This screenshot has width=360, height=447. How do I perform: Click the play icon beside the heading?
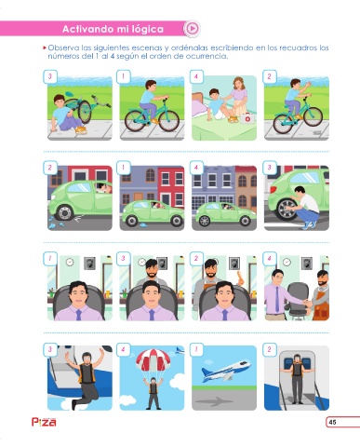tap(192, 29)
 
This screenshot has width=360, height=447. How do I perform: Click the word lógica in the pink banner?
tap(148, 29)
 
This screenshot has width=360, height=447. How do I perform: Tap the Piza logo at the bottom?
tap(44, 422)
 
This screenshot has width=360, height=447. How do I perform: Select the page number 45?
tap(332, 422)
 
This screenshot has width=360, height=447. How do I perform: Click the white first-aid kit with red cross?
tap(247, 118)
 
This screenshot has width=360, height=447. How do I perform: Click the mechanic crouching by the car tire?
tap(305, 206)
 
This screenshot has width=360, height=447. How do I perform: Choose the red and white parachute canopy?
tap(153, 360)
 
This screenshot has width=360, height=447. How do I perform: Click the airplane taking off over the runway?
tap(225, 370)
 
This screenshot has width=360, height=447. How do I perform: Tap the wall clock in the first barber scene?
tap(70, 262)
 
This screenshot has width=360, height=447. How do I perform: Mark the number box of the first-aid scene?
tap(196, 76)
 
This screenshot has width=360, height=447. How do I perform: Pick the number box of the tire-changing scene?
tap(269, 168)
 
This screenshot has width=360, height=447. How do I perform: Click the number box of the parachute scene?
tap(123, 349)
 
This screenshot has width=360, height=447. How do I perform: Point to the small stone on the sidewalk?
tap(316, 132)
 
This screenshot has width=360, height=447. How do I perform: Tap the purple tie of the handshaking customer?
tap(276, 299)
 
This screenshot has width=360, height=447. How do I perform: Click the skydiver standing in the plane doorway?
tap(297, 378)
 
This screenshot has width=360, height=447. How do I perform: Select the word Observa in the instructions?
tap(63, 48)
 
